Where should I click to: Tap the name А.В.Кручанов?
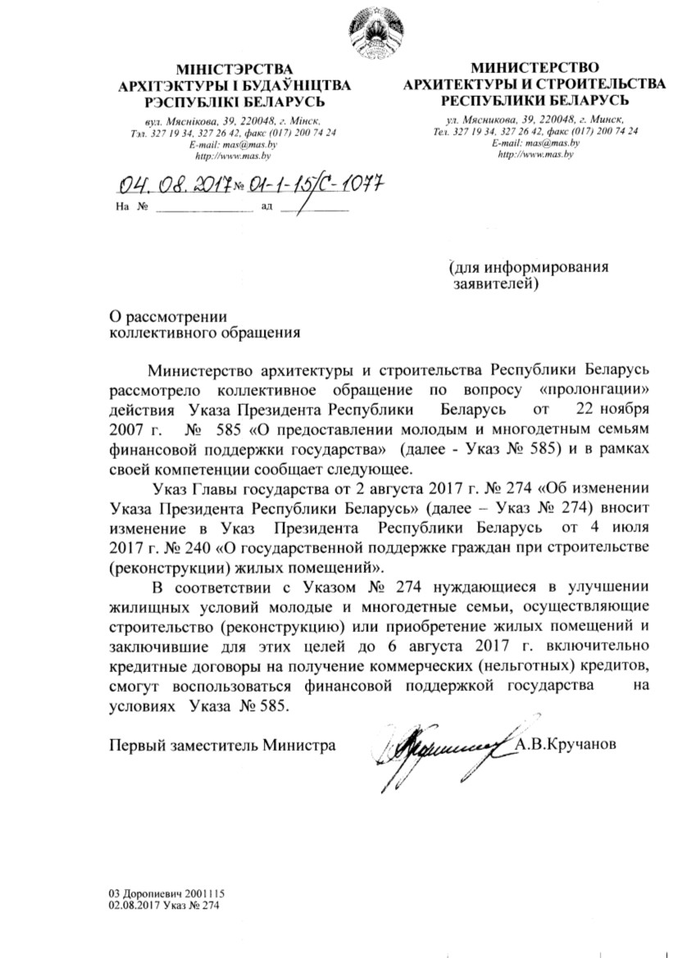(x=565, y=745)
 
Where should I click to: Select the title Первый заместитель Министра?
(x=222, y=745)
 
